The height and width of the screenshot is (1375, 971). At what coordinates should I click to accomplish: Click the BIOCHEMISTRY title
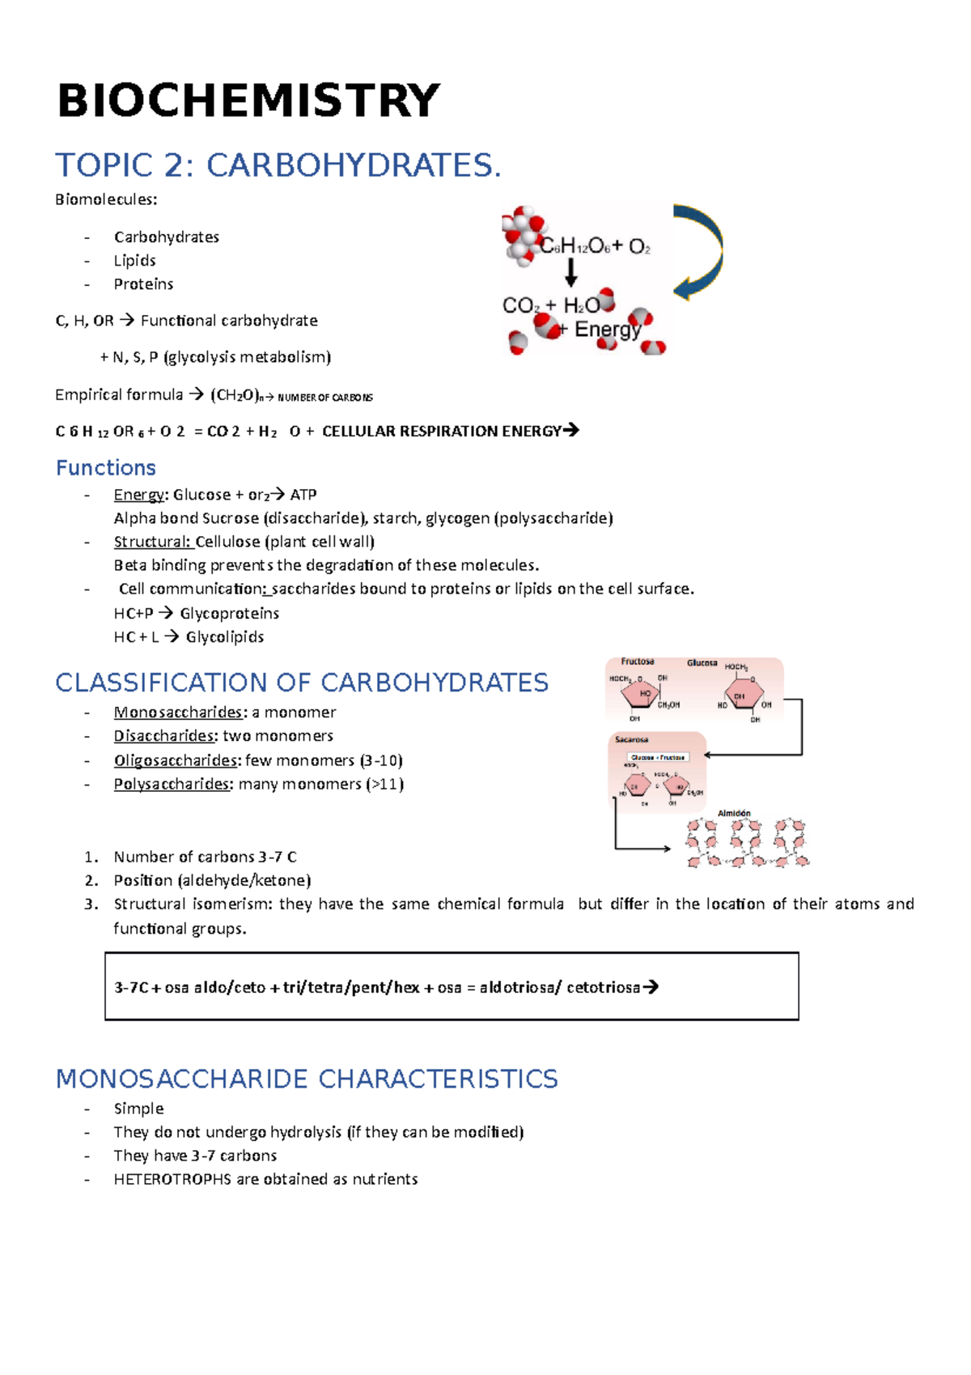click(248, 101)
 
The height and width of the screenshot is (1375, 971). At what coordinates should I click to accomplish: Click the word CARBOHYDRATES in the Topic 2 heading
click(354, 165)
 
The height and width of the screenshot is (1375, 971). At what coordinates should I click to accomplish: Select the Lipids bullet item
click(134, 261)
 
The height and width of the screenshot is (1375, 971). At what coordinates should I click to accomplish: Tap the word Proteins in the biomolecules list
click(143, 284)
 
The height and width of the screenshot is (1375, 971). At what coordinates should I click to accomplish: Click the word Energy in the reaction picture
click(607, 330)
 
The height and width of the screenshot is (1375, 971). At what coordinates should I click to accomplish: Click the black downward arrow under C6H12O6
click(571, 273)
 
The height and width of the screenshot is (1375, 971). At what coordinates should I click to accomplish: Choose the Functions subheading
click(105, 468)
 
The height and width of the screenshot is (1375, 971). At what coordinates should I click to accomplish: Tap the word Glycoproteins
click(229, 614)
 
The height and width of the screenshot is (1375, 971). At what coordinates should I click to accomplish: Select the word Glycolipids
click(225, 637)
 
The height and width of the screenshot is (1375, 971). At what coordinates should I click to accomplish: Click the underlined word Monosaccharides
click(178, 713)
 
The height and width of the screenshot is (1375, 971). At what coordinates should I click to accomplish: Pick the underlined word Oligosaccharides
click(176, 760)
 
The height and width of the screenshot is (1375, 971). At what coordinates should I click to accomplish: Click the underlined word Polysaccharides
click(172, 784)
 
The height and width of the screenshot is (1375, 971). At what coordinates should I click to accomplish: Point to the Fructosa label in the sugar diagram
click(638, 662)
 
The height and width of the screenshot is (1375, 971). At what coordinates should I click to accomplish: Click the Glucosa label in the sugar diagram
click(702, 662)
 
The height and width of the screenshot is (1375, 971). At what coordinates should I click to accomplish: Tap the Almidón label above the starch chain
click(734, 813)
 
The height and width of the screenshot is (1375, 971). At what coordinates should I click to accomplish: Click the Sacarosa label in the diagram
click(631, 739)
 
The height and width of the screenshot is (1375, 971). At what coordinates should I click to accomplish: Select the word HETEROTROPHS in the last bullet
click(172, 1180)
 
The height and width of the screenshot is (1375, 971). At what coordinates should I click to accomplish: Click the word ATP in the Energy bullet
click(303, 495)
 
